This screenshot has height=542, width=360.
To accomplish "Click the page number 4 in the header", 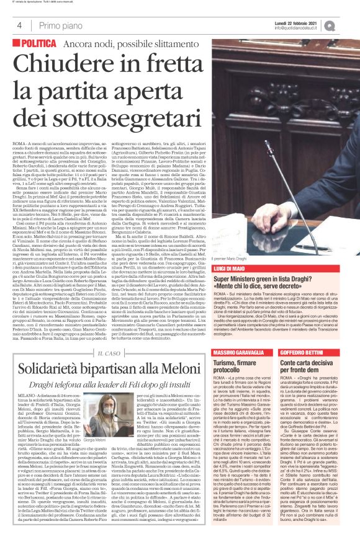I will (x=19, y=25).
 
